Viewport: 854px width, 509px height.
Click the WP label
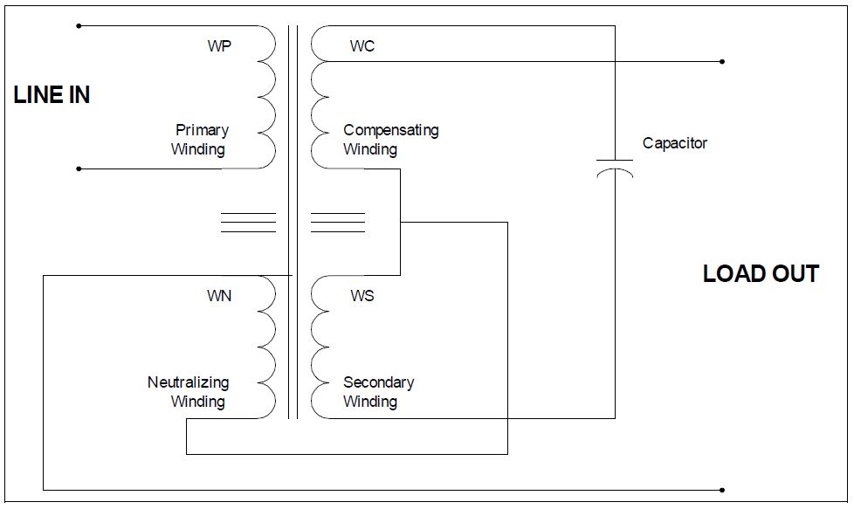[x=219, y=46]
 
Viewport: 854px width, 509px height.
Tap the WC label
[x=362, y=46]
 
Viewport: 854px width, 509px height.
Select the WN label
[x=219, y=296]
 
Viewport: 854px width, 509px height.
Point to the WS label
[x=362, y=296]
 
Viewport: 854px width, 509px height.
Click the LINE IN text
[x=52, y=95]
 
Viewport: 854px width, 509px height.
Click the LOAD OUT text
[x=761, y=274]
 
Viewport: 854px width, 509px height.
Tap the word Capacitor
[x=674, y=143]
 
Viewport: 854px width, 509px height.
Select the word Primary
[x=202, y=130]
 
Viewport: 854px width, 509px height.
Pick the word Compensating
[x=390, y=130]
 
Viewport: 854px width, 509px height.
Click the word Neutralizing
[x=188, y=382]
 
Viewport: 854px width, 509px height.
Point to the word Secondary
[x=378, y=382]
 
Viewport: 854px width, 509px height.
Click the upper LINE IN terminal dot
[x=79, y=26]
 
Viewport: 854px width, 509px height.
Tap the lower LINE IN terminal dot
[x=79, y=169]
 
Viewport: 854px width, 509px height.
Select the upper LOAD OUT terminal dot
[x=722, y=62]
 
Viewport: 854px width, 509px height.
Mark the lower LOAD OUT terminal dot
[x=722, y=490]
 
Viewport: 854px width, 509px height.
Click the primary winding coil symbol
[x=266, y=97]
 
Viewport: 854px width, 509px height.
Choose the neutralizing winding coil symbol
[x=266, y=347]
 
